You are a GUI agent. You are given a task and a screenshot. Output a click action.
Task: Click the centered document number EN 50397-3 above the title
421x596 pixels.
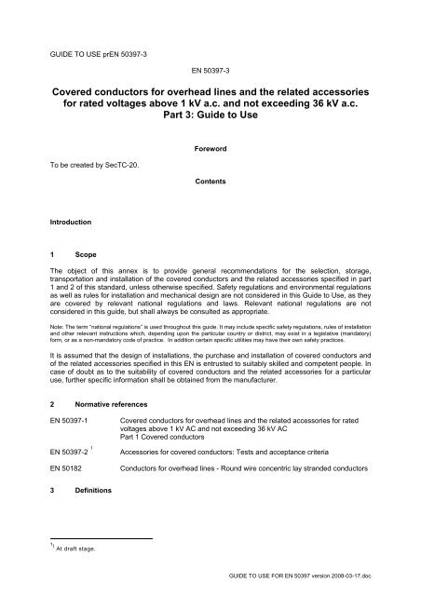coord(209,70)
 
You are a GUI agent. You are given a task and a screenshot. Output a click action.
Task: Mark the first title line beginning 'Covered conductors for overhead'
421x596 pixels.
coord(210,96)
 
